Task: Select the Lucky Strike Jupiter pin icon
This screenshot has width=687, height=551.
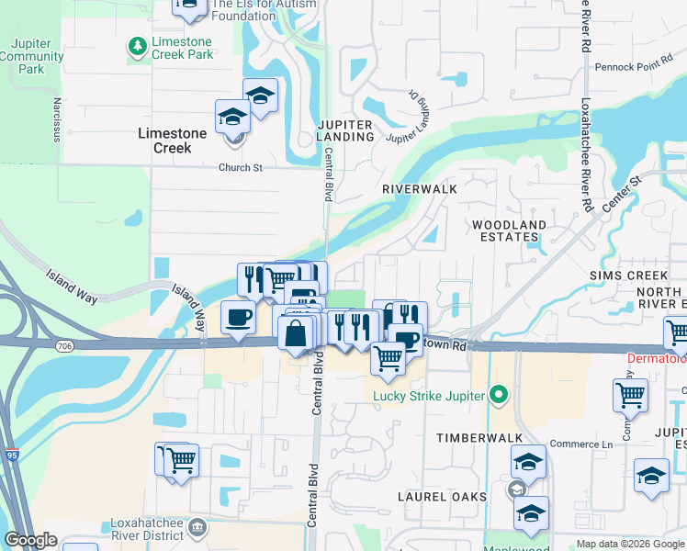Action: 498,396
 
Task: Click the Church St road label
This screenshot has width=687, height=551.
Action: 240,167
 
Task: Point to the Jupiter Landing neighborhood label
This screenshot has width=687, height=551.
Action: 345,130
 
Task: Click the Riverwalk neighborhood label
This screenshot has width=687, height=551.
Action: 420,188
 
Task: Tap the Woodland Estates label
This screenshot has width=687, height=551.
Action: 508,231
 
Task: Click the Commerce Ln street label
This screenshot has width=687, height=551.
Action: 582,444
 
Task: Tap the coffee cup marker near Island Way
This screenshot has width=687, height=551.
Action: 238,319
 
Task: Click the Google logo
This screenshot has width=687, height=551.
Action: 31,540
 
